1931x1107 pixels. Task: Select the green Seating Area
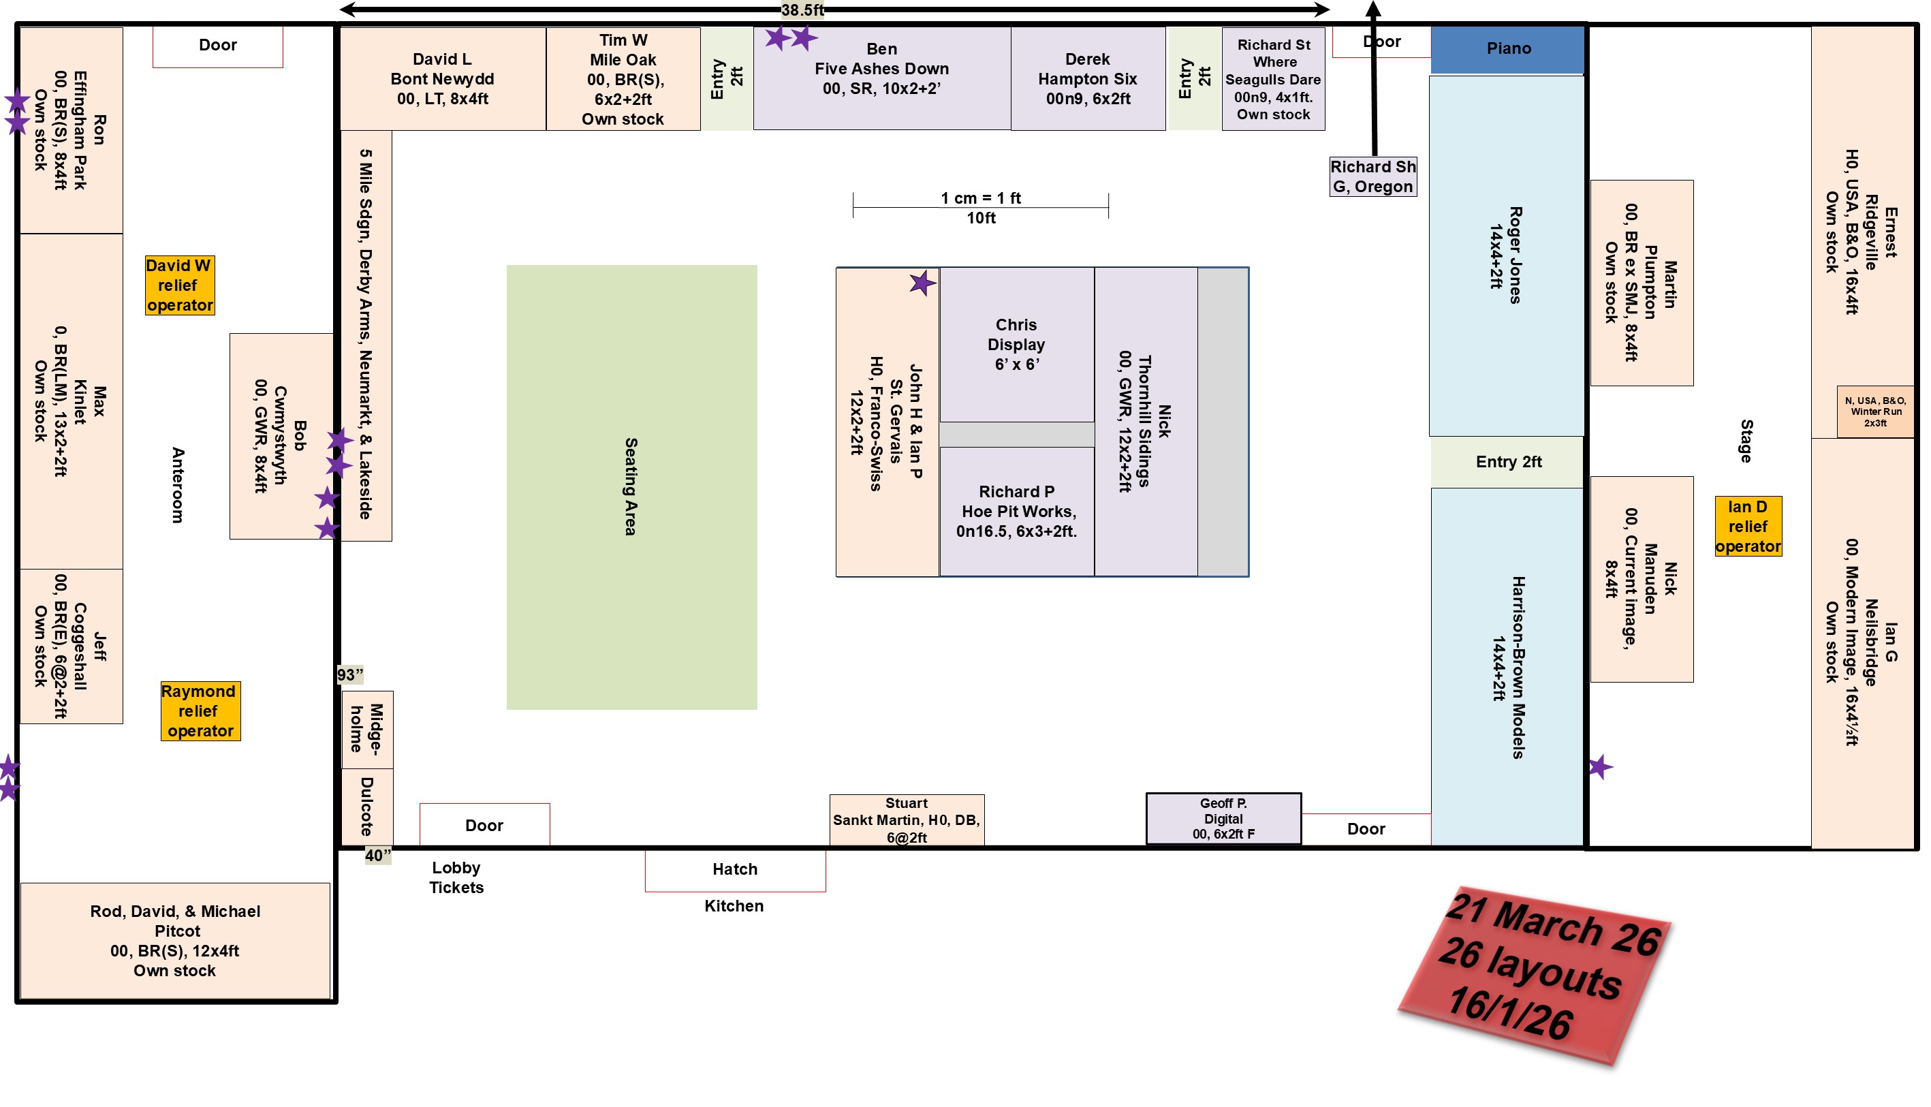click(x=631, y=486)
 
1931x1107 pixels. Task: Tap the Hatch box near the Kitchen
click(x=735, y=870)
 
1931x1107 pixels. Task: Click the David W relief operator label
click(x=179, y=285)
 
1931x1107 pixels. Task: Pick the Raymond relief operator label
click(x=200, y=711)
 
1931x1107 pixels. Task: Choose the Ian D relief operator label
click(x=1747, y=526)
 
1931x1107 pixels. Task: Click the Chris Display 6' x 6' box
click(x=1016, y=345)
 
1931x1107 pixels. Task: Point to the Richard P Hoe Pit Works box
click(x=1016, y=512)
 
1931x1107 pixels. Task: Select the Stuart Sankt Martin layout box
click(x=907, y=820)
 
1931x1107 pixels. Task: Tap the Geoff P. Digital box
click(x=1223, y=819)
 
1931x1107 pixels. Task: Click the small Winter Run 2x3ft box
click(x=1874, y=411)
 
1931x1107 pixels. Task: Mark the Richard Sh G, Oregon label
click(x=1372, y=177)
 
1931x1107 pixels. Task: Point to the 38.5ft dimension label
click(x=802, y=10)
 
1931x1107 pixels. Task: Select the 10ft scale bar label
click(x=980, y=218)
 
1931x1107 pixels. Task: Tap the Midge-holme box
click(x=367, y=729)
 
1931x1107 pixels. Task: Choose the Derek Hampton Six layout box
click(x=1088, y=79)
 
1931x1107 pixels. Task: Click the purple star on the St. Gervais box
click(x=922, y=283)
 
